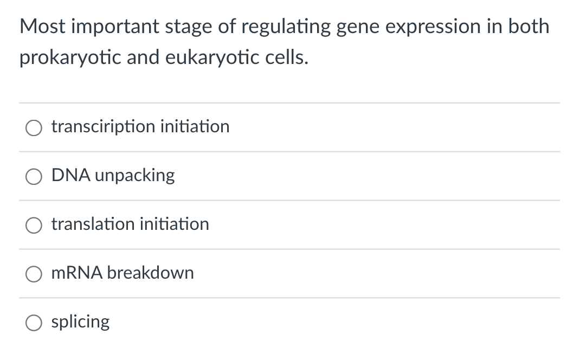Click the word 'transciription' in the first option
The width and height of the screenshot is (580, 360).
[x=103, y=127]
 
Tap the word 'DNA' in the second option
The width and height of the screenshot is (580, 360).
[x=68, y=175]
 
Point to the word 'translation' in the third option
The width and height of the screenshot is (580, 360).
[x=93, y=224]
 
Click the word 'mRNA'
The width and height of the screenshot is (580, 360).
[x=76, y=273]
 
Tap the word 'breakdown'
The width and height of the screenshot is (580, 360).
[x=150, y=273]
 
